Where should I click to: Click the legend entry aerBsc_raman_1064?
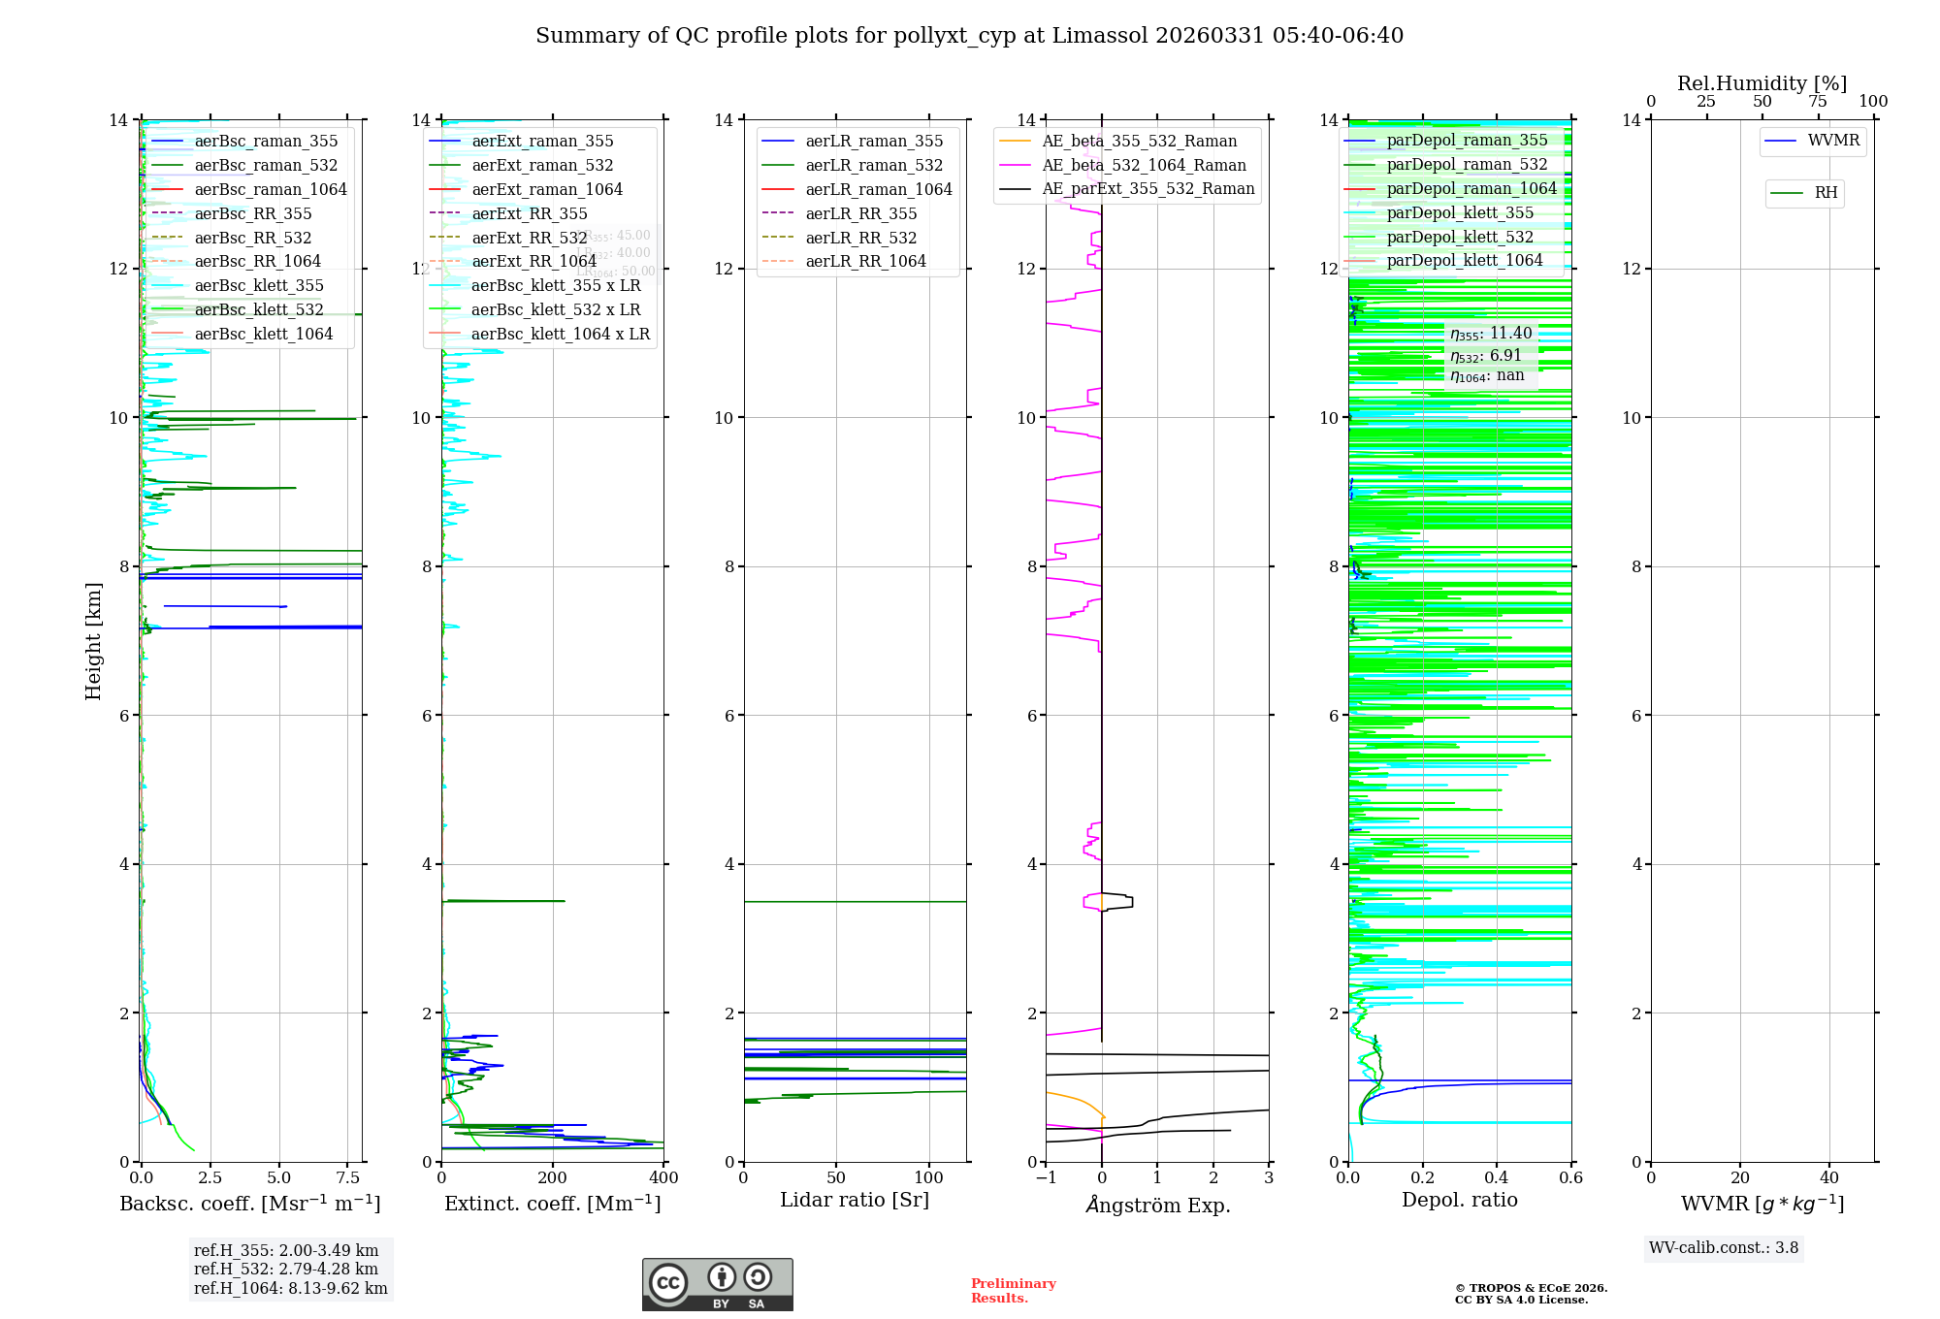click(270, 189)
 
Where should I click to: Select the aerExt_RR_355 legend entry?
click(530, 213)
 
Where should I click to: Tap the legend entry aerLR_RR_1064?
click(865, 261)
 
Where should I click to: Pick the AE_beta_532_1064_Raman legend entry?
click(1144, 165)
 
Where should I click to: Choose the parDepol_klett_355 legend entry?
click(1460, 212)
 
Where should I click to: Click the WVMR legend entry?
click(1833, 141)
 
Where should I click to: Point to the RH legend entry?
click(1826, 193)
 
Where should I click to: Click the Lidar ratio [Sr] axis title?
click(855, 1200)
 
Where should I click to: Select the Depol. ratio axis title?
click(1460, 1200)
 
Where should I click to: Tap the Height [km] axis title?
click(93, 641)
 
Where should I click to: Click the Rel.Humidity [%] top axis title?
click(1762, 83)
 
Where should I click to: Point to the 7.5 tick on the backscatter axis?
click(348, 1177)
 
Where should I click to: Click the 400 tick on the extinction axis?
click(663, 1177)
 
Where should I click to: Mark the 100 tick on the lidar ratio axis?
click(929, 1177)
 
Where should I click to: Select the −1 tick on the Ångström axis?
click(1046, 1177)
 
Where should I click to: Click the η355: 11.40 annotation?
click(1491, 334)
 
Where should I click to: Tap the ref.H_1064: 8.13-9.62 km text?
click(291, 1288)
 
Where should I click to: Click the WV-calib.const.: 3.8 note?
click(1724, 1247)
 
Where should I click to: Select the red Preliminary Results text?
click(1013, 1290)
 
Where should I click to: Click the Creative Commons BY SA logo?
click(717, 1284)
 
